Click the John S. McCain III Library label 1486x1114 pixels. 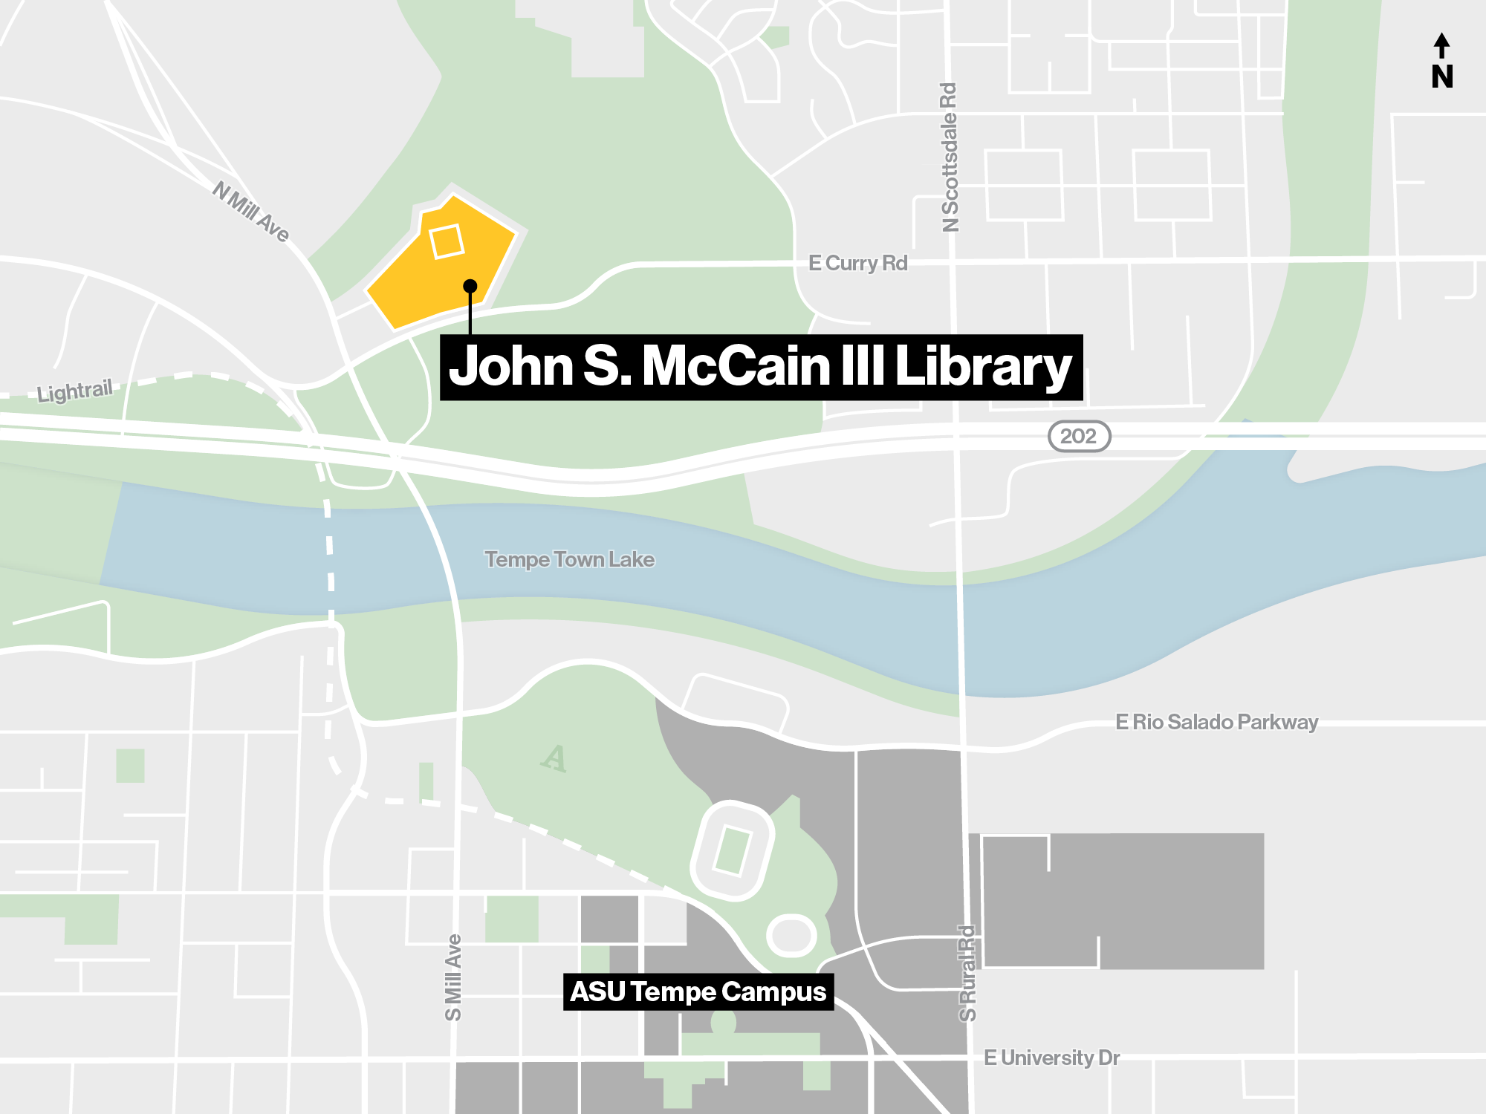[x=761, y=368]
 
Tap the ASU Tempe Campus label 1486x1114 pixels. [x=698, y=992]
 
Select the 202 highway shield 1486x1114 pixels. [x=1079, y=436]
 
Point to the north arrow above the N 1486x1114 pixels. [x=1441, y=45]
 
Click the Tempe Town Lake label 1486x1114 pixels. [x=569, y=559]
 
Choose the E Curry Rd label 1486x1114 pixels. [x=857, y=263]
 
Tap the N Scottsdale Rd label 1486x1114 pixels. [x=950, y=157]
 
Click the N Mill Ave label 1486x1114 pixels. [x=250, y=212]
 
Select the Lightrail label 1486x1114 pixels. [x=74, y=391]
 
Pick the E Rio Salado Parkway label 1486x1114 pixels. [x=1216, y=722]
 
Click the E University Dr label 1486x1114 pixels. [x=1051, y=1058]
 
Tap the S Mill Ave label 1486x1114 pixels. [x=453, y=977]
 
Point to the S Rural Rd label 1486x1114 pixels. [x=967, y=973]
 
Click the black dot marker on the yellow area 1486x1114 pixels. [x=470, y=286]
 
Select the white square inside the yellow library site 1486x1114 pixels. [x=447, y=241]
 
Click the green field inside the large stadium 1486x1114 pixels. [x=732, y=850]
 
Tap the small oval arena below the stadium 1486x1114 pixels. [x=791, y=935]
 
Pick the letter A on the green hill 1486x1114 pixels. [x=554, y=758]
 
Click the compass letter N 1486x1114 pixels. [x=1442, y=76]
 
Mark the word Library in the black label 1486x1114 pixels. [x=983, y=368]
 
